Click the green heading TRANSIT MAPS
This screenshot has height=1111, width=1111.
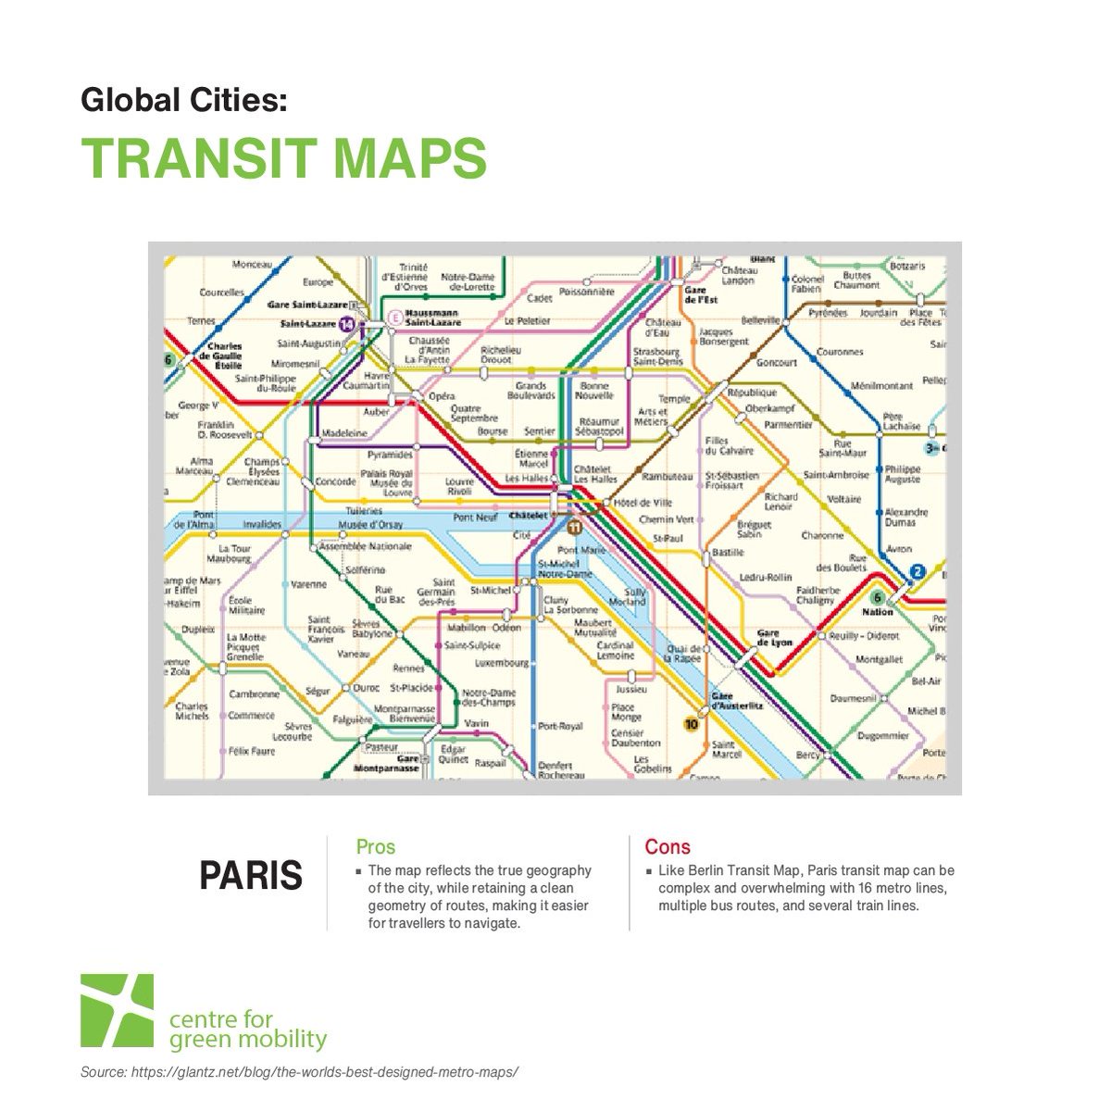pos(283,158)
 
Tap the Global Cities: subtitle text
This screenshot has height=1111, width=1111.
pos(184,99)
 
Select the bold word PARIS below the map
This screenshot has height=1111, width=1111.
pos(251,875)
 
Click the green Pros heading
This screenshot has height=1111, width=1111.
pos(375,846)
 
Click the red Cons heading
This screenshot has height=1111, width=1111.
pos(668,846)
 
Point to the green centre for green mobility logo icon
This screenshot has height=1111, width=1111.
pos(117,1011)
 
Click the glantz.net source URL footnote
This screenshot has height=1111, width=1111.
pos(298,1072)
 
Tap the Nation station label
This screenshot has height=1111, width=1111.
pos(877,612)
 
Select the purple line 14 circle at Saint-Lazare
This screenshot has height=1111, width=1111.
pos(346,324)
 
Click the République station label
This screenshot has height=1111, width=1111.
pos(752,393)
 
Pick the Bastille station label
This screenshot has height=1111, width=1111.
pos(728,552)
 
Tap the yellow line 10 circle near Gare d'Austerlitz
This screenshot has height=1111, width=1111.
pos(691,724)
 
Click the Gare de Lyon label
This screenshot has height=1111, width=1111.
pos(774,638)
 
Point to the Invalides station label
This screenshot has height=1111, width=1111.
pos(262,524)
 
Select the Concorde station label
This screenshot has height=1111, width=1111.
pos(335,481)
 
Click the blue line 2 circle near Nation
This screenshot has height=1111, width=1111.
pos(917,572)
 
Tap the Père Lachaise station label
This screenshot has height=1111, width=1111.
pos(901,421)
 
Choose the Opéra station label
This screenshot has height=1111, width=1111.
pos(442,396)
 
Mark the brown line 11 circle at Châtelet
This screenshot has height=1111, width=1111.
pos(573,527)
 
